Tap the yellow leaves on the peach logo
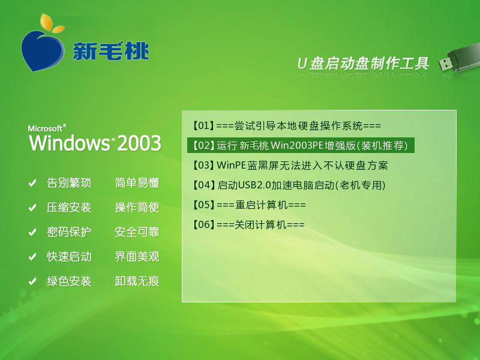(52, 23)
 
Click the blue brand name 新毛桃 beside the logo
(111, 50)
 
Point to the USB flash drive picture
(458, 58)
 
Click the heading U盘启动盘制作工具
(363, 64)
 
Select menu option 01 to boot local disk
(287, 125)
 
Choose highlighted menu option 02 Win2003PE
(301, 145)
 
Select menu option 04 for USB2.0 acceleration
(289, 185)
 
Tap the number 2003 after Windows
(139, 143)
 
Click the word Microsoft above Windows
(46, 128)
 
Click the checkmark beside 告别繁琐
(32, 183)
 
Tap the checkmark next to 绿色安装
(32, 281)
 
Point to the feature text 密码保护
(69, 232)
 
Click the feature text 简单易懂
(137, 183)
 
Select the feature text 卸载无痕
(137, 281)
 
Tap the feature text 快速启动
(69, 257)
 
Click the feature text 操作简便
(137, 208)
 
